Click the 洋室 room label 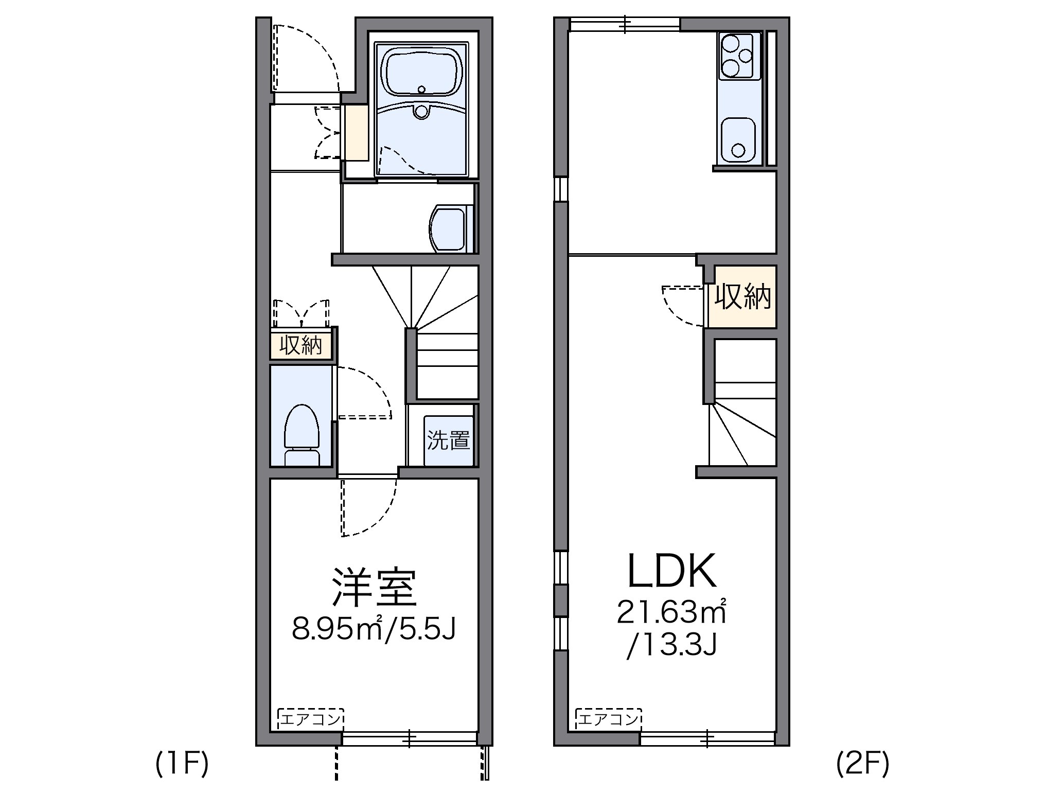pyautogui.click(x=374, y=587)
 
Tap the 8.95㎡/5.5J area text pyautogui.click(x=374, y=628)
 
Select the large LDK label pyautogui.click(x=671, y=572)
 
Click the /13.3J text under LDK pyautogui.click(x=671, y=646)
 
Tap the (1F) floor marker pyautogui.click(x=182, y=764)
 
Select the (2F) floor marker pyautogui.click(x=862, y=764)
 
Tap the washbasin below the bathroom pyautogui.click(x=448, y=228)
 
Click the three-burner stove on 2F pyautogui.click(x=737, y=56)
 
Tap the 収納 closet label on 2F pyautogui.click(x=742, y=297)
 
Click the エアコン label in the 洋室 pyautogui.click(x=310, y=719)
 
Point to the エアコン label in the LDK pyautogui.click(x=609, y=719)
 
